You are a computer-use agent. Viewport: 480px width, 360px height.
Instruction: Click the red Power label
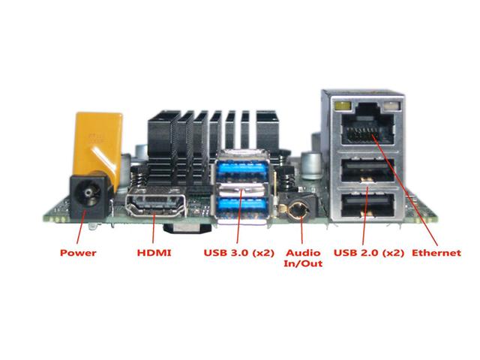click(78, 253)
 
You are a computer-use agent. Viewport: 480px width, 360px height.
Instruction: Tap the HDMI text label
click(154, 253)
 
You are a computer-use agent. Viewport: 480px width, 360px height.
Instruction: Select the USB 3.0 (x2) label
click(238, 253)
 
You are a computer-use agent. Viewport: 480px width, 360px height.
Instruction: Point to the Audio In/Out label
click(303, 258)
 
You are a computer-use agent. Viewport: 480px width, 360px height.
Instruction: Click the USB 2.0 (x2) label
click(368, 253)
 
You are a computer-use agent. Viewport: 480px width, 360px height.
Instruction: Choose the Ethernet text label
click(436, 253)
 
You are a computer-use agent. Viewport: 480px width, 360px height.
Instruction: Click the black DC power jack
click(88, 196)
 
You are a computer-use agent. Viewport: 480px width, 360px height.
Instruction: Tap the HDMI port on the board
click(156, 203)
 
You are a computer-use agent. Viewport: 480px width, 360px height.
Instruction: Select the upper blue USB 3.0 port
click(241, 168)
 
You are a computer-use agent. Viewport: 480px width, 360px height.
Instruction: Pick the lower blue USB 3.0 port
click(241, 205)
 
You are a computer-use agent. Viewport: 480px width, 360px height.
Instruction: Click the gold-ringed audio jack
click(298, 211)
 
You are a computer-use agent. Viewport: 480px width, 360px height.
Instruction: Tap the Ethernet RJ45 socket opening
click(367, 129)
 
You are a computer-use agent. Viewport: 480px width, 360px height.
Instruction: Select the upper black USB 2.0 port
click(367, 169)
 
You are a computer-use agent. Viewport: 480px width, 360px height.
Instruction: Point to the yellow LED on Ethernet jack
click(343, 106)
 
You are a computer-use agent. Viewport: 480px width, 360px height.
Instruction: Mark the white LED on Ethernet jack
click(391, 106)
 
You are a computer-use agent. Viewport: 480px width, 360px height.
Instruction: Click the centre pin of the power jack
click(88, 193)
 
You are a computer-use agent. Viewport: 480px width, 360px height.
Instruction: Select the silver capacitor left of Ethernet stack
click(311, 165)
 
